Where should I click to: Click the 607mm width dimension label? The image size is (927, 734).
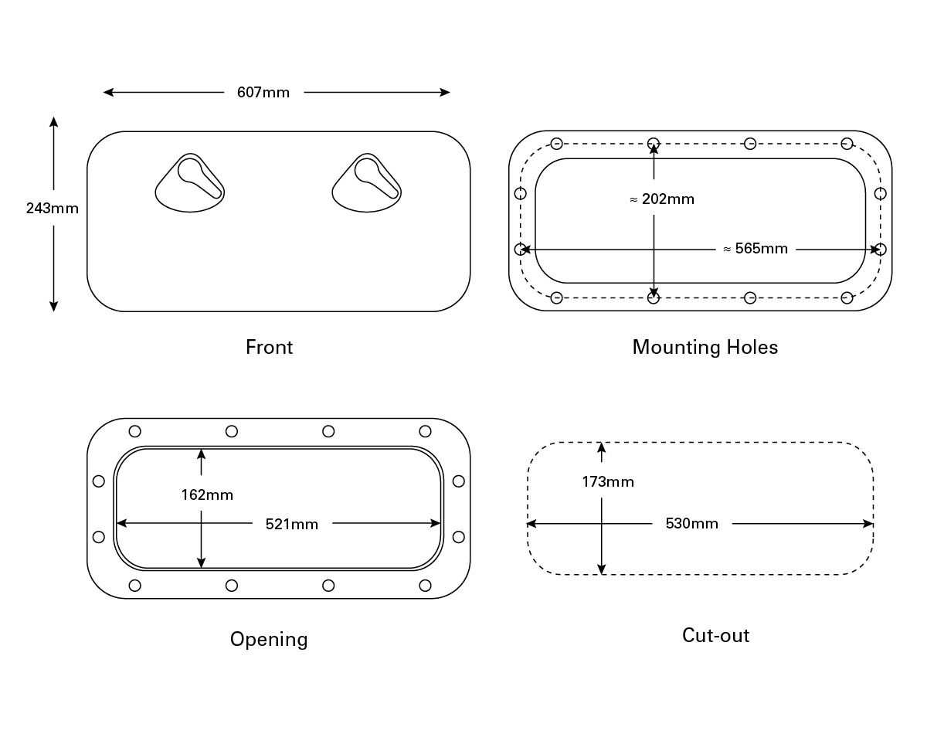pos(263,92)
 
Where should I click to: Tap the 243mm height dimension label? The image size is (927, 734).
pos(52,208)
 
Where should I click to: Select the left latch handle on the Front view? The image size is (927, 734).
pos(190,183)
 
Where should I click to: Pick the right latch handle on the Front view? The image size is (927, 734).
pos(367,183)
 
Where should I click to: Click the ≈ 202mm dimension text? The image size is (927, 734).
pos(662,199)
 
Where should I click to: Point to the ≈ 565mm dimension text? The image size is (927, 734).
pos(756,249)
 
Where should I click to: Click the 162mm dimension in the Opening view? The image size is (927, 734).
pos(207,494)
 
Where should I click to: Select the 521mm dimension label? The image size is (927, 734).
pos(292,524)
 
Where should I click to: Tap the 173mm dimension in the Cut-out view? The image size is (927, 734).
pos(608,482)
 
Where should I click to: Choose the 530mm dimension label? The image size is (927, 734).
pos(692,523)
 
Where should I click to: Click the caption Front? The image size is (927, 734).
pos(270,347)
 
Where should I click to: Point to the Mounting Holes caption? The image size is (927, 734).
pos(705,348)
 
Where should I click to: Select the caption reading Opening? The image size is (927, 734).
pos(270,640)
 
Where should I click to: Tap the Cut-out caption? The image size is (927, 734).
pos(716,635)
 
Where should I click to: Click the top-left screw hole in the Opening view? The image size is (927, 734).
pos(135,431)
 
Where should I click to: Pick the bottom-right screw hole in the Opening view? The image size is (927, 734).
pos(425,586)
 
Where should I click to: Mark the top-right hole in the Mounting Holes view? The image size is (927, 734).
pos(847,144)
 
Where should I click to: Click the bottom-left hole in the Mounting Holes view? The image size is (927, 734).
pos(556,297)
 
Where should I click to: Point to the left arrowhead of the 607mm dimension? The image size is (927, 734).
pos(108,92)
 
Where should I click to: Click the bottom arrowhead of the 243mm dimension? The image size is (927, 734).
pos(53,307)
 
